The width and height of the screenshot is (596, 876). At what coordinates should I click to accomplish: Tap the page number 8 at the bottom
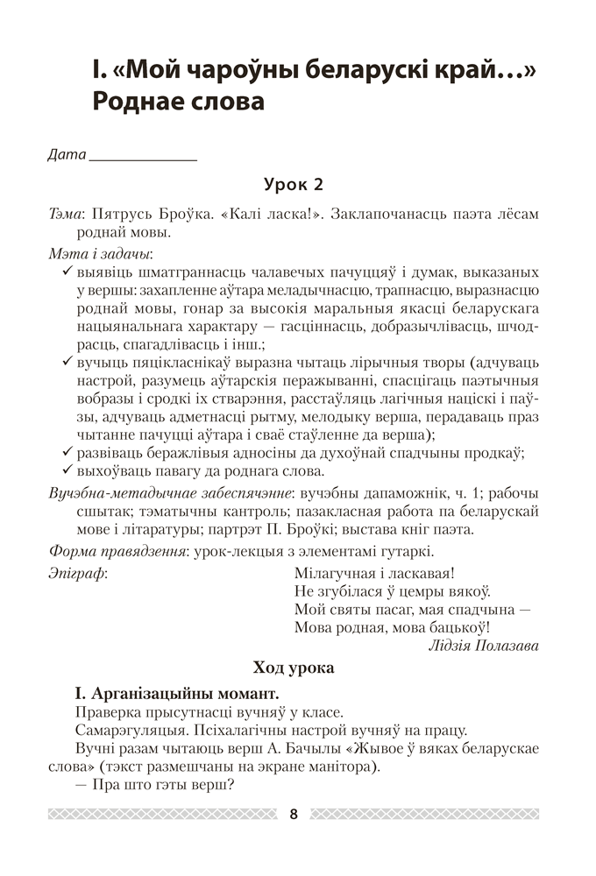(294, 815)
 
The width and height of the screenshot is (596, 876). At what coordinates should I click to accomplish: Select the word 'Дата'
(67, 154)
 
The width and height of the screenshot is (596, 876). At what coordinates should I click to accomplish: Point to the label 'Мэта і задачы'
(100, 254)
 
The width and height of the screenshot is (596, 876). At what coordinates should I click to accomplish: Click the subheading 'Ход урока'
(293, 668)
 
